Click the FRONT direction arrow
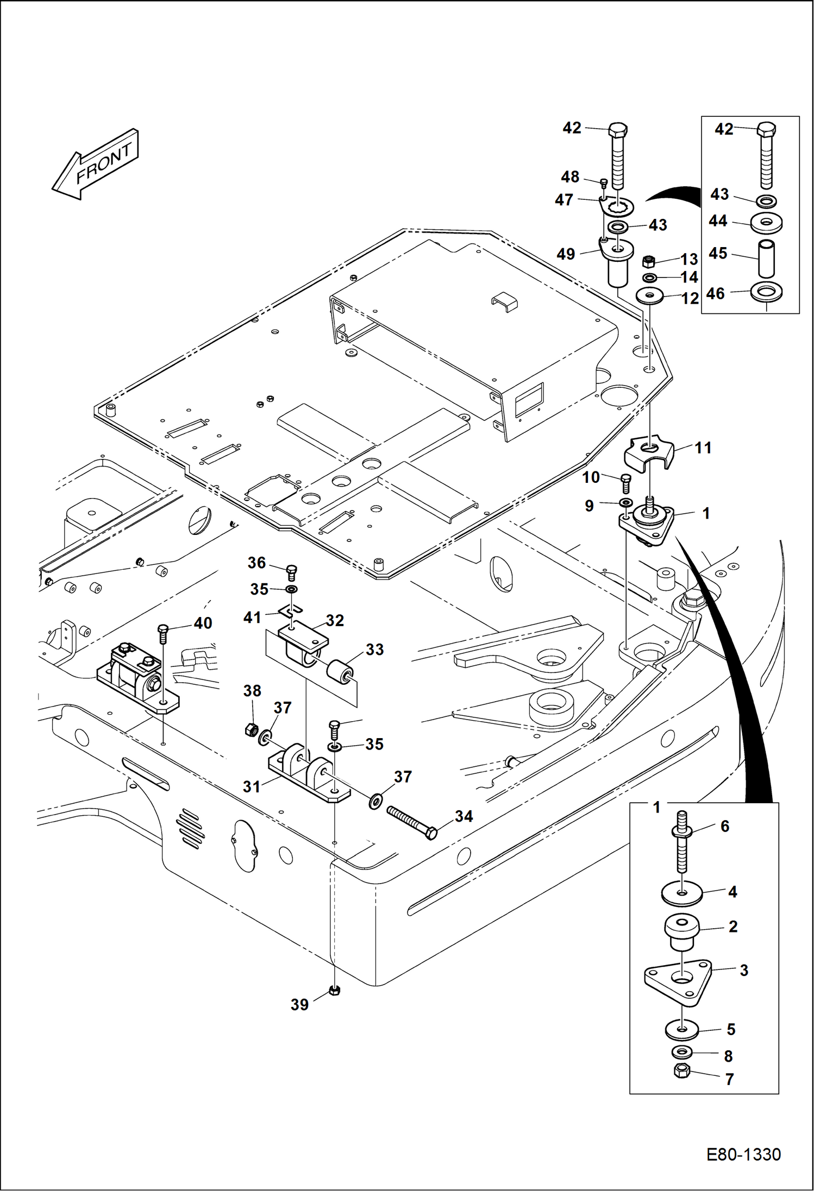pyautogui.click(x=96, y=164)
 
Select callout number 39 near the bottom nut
pyautogui.click(x=299, y=1005)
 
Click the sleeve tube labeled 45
pyautogui.click(x=766, y=260)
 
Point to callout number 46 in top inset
pyautogui.click(x=716, y=294)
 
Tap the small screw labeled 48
pyautogui.click(x=603, y=184)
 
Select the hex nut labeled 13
pyautogui.click(x=648, y=262)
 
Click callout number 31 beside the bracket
pyautogui.click(x=252, y=786)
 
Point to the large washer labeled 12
pyautogui.click(x=649, y=296)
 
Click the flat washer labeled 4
pyautogui.click(x=681, y=894)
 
